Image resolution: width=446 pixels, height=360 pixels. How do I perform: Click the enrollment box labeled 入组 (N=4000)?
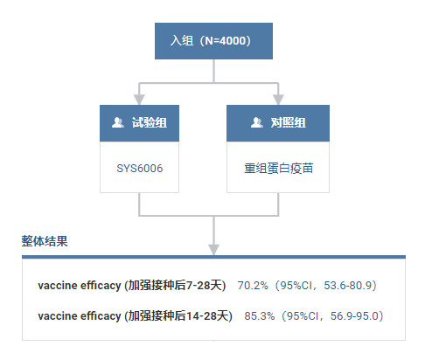pos(213,41)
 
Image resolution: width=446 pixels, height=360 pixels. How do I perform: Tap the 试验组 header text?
pos(150,122)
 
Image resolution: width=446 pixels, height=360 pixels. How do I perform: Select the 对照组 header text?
pos(289,122)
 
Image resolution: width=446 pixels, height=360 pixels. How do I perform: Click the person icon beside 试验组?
pos(118,122)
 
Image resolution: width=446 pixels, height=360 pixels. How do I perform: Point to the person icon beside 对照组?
pos(257,122)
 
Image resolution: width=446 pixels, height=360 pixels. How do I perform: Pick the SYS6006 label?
pos(140,169)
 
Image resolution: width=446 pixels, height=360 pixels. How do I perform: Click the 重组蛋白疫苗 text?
pos(278,169)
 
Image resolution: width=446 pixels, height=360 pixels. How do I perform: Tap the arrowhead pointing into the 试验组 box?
pos(139,100)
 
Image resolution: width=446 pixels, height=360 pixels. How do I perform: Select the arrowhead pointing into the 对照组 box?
pos(278,100)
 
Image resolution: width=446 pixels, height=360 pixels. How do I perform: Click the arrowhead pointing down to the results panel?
pos(213,250)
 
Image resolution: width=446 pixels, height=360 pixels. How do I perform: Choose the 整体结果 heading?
pos(45,241)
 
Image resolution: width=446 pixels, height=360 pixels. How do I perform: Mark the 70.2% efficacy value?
pos(253,286)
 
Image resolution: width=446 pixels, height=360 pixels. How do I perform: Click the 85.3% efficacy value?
pos(260,316)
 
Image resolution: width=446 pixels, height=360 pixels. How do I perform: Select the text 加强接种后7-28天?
pos(175,286)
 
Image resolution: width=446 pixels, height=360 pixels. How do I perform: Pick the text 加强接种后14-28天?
pos(178,316)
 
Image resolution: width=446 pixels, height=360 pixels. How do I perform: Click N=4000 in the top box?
pos(226,41)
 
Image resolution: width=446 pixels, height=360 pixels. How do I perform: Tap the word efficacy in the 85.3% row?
pos(101,316)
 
